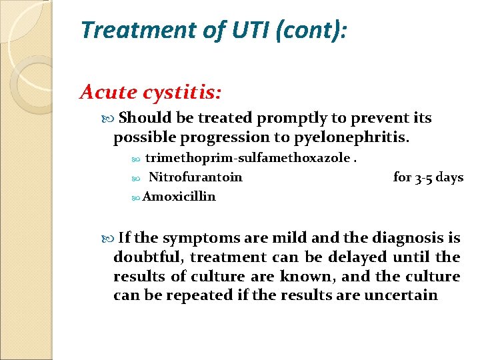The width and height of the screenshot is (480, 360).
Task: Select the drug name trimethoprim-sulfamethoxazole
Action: pyautogui.click(x=247, y=158)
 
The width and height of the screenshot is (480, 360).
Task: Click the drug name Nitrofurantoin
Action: pyautogui.click(x=195, y=177)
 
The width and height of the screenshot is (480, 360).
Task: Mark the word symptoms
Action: pyautogui.click(x=201, y=238)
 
